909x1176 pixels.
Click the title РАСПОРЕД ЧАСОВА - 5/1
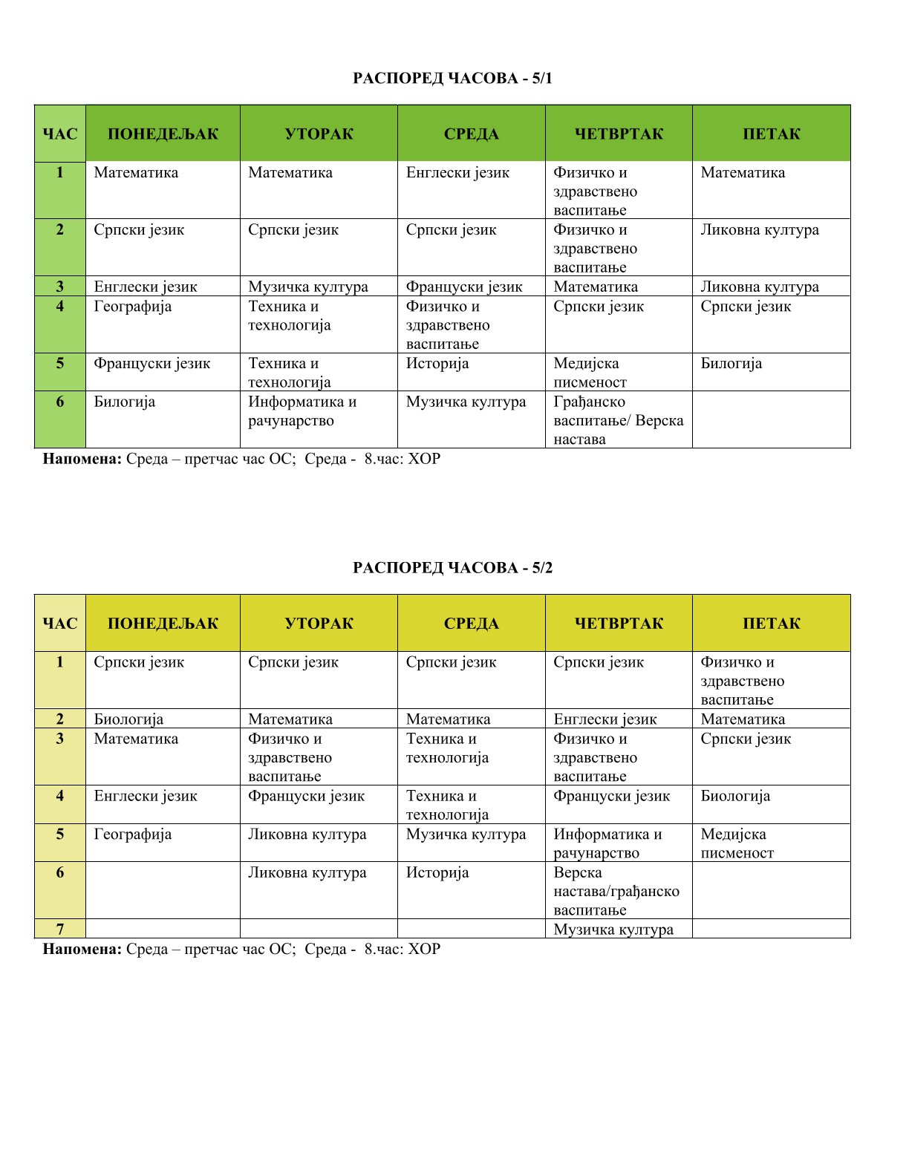pos(452,78)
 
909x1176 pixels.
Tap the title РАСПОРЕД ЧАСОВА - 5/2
pos(452,568)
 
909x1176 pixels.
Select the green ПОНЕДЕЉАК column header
pos(163,134)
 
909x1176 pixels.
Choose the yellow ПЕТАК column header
pos(771,624)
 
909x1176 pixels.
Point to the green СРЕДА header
pos(471,134)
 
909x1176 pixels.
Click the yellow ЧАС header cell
pos(60,624)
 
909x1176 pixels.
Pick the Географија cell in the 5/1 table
pos(133,307)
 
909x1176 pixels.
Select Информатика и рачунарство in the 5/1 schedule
pos(302,411)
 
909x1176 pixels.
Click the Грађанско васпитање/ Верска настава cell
pos(618,420)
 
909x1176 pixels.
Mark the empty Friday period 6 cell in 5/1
pos(771,419)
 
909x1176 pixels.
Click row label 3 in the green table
pos(60,287)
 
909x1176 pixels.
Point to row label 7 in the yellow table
pos(60,930)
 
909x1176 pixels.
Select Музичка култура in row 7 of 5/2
pos(613,930)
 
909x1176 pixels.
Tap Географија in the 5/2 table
pos(133,834)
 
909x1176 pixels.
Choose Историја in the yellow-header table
pos(437,873)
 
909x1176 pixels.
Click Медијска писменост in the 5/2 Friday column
pos(737,843)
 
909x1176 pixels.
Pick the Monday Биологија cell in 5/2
pos(128,719)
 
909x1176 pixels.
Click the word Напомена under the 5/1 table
pos(82,459)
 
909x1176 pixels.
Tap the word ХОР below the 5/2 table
pos(424,949)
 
